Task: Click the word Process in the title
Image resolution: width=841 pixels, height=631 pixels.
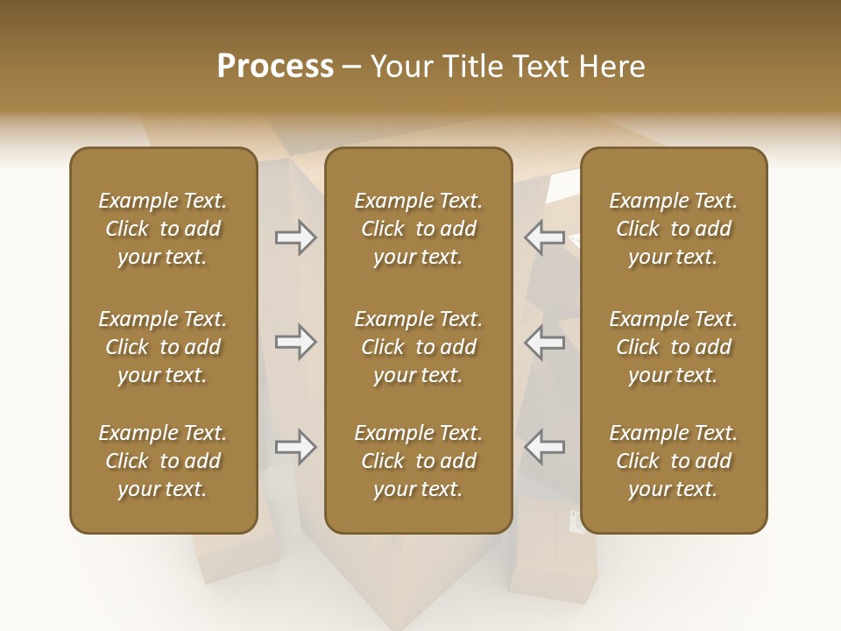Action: [x=275, y=67]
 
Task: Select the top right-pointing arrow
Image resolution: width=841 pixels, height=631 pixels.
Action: [x=296, y=238]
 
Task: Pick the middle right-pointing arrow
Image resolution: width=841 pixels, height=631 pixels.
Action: [x=296, y=342]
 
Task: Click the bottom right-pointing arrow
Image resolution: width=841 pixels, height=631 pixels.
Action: [x=296, y=447]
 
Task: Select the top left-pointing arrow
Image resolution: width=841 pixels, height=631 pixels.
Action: [x=544, y=238]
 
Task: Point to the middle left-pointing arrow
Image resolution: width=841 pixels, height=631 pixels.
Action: [x=544, y=342]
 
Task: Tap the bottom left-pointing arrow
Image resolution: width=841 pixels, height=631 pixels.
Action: [x=544, y=447]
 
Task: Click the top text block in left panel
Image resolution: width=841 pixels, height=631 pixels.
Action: [x=163, y=229]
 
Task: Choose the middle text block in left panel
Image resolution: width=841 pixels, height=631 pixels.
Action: [x=163, y=347]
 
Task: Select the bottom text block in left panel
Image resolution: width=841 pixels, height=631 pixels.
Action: [x=163, y=461]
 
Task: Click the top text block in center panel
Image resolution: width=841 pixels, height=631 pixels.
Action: [x=418, y=229]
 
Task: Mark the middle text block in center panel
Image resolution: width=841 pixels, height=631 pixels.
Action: [x=418, y=347]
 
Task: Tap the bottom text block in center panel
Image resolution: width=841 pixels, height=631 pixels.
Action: [x=418, y=461]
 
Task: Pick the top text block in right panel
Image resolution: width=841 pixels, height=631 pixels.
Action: [x=674, y=229]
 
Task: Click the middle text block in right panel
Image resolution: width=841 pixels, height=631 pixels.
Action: [x=674, y=347]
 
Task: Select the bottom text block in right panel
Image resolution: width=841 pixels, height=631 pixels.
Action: [x=674, y=461]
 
